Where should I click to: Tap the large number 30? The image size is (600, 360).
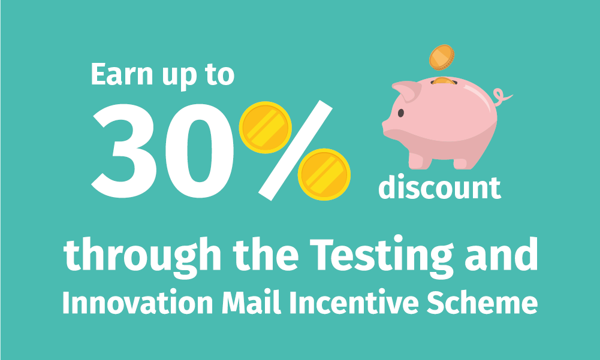coord(162,151)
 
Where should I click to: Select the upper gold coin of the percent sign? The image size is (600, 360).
coord(265,128)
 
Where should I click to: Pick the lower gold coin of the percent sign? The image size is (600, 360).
coord(324,174)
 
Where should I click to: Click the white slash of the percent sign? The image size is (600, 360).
coord(296,150)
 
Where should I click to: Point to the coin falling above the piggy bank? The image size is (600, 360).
coord(442,58)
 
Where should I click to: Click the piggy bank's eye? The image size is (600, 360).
coord(400,113)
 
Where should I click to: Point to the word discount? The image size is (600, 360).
coord(440,187)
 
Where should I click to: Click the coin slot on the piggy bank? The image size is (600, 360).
coord(444,81)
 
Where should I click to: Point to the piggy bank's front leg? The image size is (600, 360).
coord(420,161)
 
